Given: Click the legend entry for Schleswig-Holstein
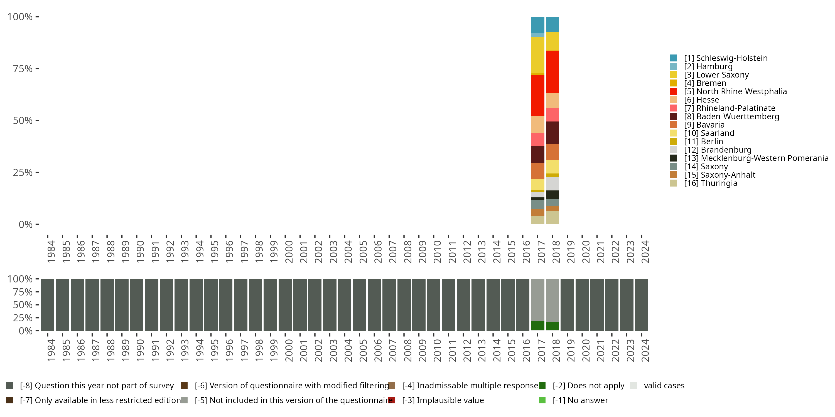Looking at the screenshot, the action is (719, 58).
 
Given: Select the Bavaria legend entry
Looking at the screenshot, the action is (697, 125).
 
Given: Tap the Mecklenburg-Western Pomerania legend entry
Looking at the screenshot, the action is (749, 158).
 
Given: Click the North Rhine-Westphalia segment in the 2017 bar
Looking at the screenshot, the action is (537, 95).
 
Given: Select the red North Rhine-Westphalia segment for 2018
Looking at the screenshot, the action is (552, 72).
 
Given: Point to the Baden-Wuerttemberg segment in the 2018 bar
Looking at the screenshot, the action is (552, 133).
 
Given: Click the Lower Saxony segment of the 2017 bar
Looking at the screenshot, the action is (537, 55).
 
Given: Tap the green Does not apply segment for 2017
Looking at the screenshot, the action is (537, 325).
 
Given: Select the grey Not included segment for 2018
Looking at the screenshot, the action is (552, 301).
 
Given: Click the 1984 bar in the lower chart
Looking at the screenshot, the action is (48, 305).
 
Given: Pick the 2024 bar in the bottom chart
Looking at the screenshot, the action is (642, 305).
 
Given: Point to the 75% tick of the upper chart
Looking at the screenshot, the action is (37, 69).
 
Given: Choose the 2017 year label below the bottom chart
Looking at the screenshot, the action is (541, 351).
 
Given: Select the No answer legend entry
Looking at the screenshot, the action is (573, 400).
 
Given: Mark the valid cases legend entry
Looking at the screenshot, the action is (657, 386).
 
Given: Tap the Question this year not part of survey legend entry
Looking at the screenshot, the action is (90, 386).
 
